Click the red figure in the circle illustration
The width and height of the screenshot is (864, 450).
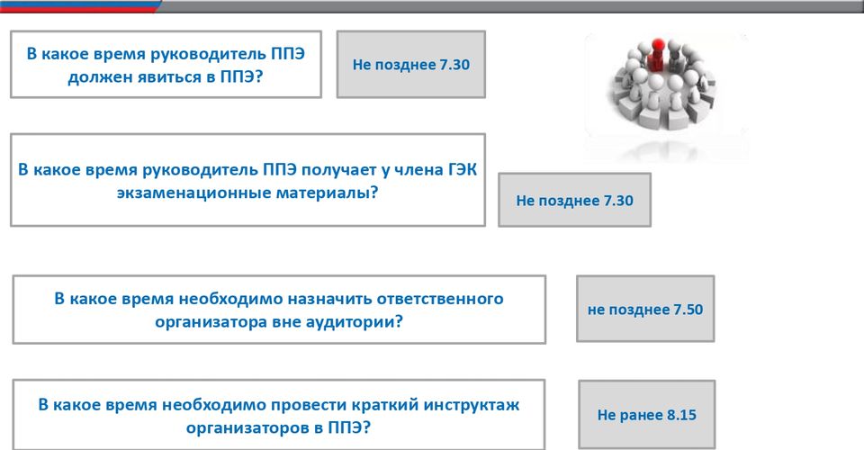(x=657, y=56)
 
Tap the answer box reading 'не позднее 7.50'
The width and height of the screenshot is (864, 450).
(x=645, y=309)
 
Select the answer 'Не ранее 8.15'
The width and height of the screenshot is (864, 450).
(x=647, y=414)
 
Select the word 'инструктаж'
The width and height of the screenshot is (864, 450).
(x=471, y=405)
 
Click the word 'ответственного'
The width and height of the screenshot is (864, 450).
(x=440, y=299)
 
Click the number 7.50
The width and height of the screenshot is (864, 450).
(x=688, y=310)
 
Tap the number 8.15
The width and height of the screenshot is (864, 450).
(x=681, y=415)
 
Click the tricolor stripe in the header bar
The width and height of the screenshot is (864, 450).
(x=80, y=6)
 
